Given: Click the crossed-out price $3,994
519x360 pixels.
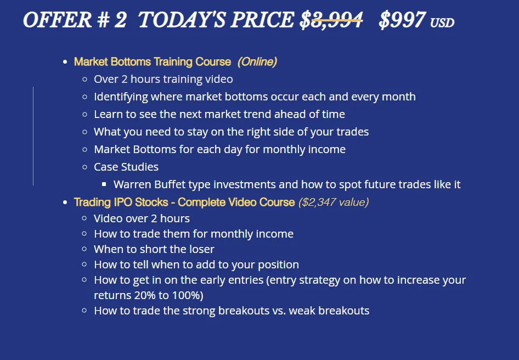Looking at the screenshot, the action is (331, 20).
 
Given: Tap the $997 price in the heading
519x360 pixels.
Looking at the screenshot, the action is (402, 20).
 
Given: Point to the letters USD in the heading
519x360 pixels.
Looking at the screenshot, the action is (442, 22).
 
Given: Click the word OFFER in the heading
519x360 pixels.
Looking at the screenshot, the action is (57, 20).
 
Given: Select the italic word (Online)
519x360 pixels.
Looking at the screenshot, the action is (257, 61).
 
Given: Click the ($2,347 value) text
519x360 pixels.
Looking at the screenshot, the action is (334, 202).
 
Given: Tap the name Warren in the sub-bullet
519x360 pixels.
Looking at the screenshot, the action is (132, 184).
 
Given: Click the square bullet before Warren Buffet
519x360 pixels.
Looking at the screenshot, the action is (104, 184).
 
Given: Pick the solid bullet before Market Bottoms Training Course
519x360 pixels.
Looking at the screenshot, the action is (65, 62).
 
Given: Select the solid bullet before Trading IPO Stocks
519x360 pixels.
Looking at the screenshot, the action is (65, 203).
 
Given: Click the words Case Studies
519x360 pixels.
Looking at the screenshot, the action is (126, 167).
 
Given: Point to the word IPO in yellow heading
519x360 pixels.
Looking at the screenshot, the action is (123, 202).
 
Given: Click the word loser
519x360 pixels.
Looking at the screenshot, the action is (201, 249).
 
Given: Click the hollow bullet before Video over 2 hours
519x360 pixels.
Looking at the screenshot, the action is (84, 218).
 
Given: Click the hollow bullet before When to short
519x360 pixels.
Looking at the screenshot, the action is (84, 249).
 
